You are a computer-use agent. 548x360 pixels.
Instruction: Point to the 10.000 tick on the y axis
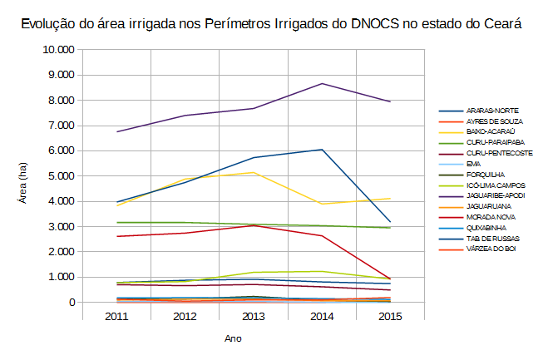point(58,50)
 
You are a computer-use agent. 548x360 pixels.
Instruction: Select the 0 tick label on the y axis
point(72,303)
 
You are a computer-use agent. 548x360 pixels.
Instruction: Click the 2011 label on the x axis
point(116,317)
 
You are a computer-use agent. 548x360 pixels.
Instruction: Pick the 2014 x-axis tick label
point(322,317)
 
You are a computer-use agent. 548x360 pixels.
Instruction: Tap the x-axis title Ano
point(233,338)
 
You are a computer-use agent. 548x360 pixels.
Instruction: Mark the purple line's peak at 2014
point(322,84)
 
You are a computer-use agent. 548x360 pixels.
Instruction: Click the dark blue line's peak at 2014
point(322,150)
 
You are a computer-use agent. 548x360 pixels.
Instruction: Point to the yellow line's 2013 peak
point(254,172)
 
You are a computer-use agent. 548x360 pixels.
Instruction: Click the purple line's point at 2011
point(117,131)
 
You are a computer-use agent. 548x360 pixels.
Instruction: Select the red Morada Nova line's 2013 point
point(254,225)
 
